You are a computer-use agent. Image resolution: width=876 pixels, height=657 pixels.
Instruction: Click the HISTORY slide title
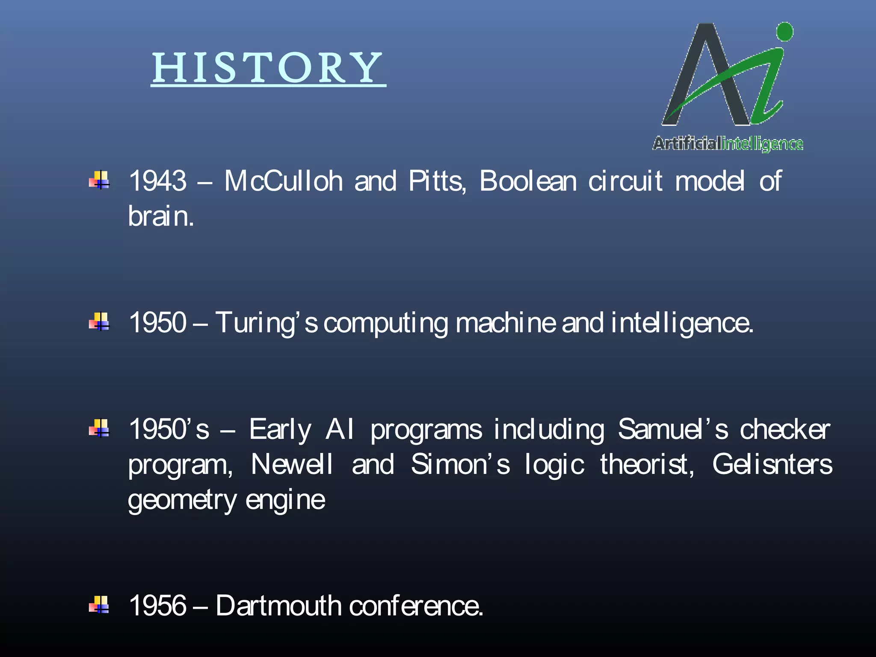tap(268, 68)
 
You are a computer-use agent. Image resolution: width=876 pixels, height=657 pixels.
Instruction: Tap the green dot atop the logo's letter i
tap(784, 32)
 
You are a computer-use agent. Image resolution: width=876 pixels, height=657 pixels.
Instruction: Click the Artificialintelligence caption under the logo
tap(728, 144)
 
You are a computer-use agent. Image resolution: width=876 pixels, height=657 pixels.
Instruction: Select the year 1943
tap(158, 181)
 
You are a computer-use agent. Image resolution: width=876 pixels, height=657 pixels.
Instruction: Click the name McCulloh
tap(284, 181)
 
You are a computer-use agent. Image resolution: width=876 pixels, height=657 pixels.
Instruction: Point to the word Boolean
tap(528, 181)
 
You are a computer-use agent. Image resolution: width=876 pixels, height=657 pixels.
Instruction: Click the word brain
tap(161, 216)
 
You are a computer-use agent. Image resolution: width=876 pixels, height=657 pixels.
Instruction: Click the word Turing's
tap(266, 323)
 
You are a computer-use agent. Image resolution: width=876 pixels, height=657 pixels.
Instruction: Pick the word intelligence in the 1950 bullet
tap(682, 323)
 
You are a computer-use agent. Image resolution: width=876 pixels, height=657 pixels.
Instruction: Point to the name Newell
tap(292, 464)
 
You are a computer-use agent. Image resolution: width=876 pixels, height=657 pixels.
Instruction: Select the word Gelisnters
tap(772, 464)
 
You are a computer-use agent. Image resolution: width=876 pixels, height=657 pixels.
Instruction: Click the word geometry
tap(182, 500)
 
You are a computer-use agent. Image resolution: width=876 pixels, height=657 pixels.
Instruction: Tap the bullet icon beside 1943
tap(99, 180)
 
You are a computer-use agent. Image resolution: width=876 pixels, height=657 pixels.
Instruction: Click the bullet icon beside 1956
tap(99, 605)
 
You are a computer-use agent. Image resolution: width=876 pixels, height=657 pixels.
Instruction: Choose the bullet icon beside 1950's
tap(99, 428)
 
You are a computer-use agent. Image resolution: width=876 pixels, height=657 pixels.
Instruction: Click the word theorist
tap(647, 464)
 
